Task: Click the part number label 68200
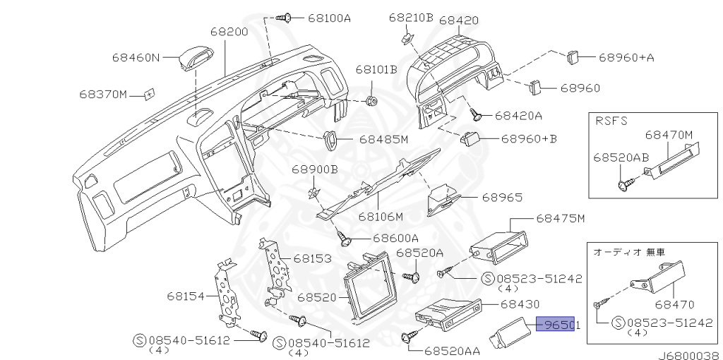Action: coord(228,32)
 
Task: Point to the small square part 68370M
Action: coord(149,93)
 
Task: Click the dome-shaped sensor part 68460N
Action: coord(193,57)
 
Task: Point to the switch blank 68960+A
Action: coord(573,56)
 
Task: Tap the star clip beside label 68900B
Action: coord(316,191)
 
